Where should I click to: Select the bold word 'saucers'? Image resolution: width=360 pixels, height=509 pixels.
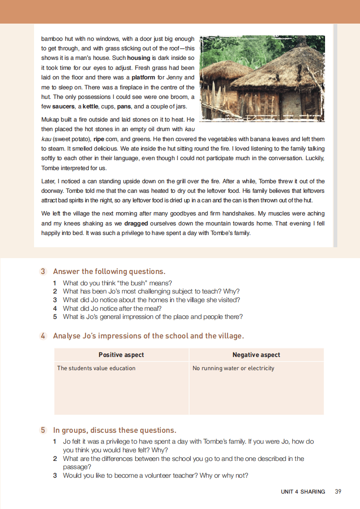coord(63,107)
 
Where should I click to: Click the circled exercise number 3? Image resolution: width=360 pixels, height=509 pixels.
coord(43,272)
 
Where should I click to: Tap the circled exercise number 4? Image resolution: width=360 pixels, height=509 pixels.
coord(43,336)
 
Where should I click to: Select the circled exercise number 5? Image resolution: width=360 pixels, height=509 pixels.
coord(43,430)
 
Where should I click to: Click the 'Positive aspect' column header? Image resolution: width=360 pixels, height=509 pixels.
coord(121,355)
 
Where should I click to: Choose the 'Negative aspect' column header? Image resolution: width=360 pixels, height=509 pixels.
coord(256,355)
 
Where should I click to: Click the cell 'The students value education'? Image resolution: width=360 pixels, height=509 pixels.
coord(96,368)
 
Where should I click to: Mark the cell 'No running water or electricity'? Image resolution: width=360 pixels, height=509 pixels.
coord(233,368)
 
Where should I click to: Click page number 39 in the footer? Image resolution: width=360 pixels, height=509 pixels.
coord(338,491)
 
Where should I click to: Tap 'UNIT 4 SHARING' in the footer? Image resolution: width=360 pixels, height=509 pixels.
coord(303,491)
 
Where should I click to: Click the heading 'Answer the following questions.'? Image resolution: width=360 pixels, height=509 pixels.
coord(109,272)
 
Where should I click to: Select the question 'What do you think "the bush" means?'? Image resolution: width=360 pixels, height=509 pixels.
coord(117,283)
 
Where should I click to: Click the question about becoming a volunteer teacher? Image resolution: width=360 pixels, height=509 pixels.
coord(155,475)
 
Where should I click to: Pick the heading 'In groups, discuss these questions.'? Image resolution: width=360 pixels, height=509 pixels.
coord(114,430)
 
